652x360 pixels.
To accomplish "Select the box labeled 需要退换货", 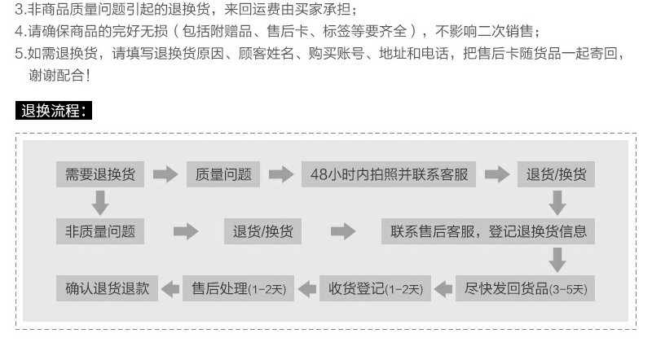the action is pos(100,174).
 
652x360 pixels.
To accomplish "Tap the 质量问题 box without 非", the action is pos(223,174).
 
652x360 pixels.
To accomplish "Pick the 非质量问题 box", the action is pos(100,231).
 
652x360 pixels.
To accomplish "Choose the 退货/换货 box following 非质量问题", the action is pos(263,231).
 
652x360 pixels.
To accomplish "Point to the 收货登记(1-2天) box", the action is pos(375,288).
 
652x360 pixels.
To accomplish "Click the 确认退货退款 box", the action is pos(107,288).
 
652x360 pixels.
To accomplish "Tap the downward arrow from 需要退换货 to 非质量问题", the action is pos(100,202).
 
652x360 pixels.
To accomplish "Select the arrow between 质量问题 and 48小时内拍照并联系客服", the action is pos(280,174).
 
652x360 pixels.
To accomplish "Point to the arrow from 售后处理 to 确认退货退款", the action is pos(171,288).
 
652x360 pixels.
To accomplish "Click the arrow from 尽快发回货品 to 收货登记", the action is pos(443,288).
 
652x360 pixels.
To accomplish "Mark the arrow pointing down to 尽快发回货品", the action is pos(557,259).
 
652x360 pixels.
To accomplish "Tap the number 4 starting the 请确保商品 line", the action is pos(20,33).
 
